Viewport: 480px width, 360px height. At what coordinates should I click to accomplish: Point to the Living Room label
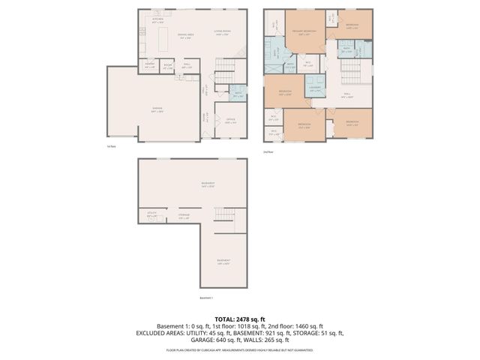[222, 31]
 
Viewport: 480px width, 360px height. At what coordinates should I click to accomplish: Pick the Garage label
[157, 109]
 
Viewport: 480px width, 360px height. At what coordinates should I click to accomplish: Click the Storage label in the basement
[184, 216]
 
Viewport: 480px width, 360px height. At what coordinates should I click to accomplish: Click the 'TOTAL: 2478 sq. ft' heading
[240, 319]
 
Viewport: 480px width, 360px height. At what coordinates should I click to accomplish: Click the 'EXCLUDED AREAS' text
[160, 333]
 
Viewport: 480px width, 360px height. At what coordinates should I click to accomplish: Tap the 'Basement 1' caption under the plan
[206, 298]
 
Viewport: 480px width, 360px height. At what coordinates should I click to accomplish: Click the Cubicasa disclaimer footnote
[240, 349]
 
